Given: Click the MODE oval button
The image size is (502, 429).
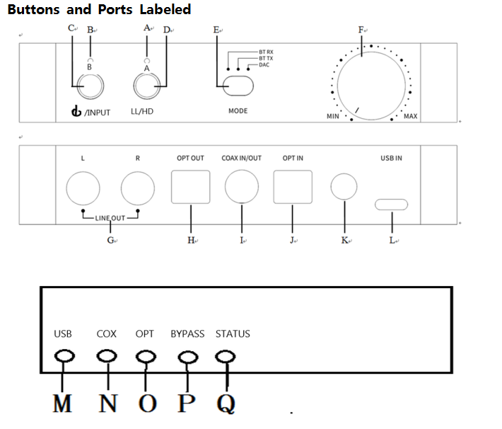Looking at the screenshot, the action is (x=238, y=86).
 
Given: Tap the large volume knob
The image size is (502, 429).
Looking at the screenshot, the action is (x=371, y=86).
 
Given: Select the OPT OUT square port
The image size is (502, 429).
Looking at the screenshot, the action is (x=191, y=187).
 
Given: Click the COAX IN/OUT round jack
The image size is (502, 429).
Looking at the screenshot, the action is (x=242, y=187).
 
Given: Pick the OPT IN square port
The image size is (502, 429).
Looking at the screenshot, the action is (x=293, y=187).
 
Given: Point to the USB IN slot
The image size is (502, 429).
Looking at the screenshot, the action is (x=391, y=205).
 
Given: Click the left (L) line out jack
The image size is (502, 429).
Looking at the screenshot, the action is (x=83, y=188).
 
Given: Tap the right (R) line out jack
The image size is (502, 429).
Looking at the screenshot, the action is (x=138, y=188).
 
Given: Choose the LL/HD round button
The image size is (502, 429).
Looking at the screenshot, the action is (x=147, y=86).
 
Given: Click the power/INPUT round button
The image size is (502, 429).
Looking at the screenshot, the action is (x=91, y=86).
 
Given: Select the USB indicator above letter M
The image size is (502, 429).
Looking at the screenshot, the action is (x=64, y=356).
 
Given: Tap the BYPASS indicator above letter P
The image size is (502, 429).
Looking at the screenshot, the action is (x=188, y=357).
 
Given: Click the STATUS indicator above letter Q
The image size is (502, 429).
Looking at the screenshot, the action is (x=226, y=357).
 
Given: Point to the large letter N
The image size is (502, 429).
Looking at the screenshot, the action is (x=108, y=403).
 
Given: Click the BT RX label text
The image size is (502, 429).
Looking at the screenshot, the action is (x=266, y=52).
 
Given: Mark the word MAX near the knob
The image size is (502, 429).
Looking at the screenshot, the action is (x=410, y=116).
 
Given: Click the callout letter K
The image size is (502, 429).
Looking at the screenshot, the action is (x=344, y=240).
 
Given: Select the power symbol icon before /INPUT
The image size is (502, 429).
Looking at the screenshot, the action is (x=76, y=111).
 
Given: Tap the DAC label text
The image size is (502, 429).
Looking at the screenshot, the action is (x=264, y=64).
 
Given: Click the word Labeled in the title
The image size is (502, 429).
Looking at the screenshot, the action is (x=165, y=9).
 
